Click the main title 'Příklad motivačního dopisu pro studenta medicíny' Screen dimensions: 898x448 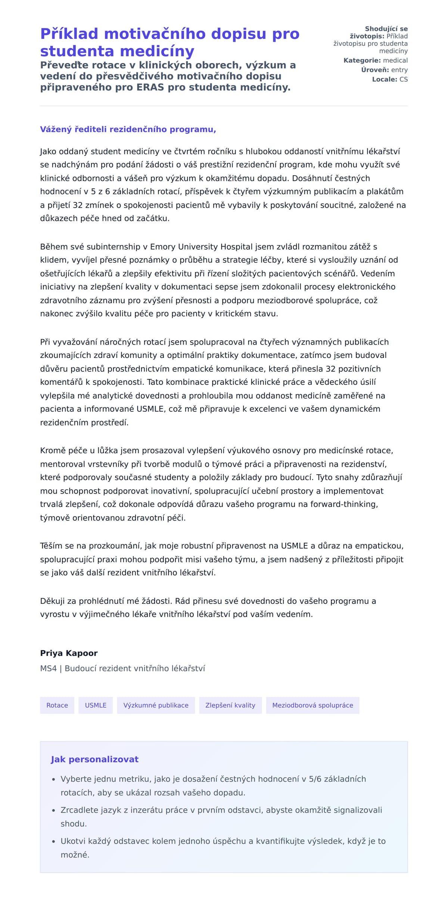(x=170, y=42)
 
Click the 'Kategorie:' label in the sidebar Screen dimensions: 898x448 (x=362, y=60)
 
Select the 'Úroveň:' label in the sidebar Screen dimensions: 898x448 (x=375, y=70)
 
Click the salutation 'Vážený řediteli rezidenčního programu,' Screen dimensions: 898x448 (x=128, y=129)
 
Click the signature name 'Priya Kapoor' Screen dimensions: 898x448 (x=69, y=653)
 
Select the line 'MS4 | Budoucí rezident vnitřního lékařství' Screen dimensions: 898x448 (x=122, y=668)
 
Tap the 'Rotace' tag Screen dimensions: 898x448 (x=57, y=705)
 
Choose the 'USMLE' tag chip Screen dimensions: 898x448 (x=96, y=705)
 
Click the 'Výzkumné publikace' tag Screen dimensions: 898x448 (x=156, y=705)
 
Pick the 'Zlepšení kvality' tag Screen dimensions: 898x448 (x=230, y=705)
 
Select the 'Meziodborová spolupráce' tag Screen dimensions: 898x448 (x=312, y=705)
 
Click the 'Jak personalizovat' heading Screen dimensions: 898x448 (x=94, y=759)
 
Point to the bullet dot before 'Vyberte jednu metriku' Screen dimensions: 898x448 (x=54, y=779)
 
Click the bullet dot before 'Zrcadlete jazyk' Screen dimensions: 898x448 (x=54, y=810)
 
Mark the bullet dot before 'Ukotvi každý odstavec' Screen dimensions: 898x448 (x=54, y=841)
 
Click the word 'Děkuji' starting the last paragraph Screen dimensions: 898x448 (x=53, y=601)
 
